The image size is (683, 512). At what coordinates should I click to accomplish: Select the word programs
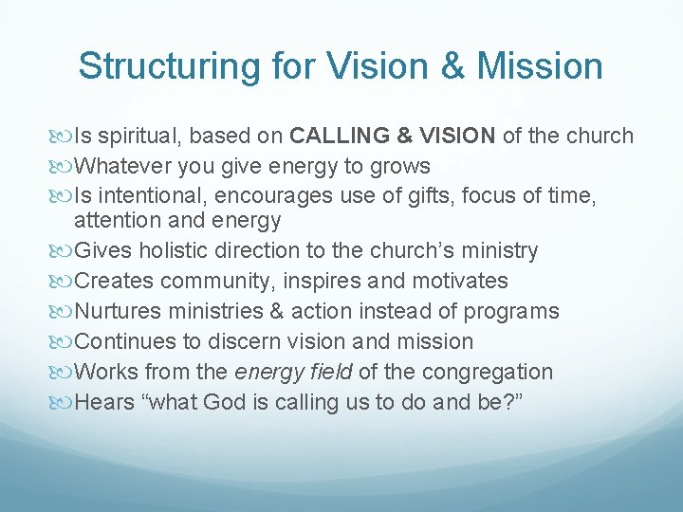point(512,311)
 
